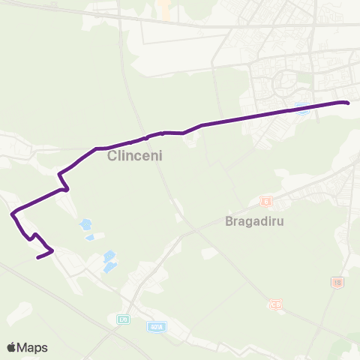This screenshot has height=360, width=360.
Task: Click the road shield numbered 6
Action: click(x=265, y=201)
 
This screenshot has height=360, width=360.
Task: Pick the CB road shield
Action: click(x=277, y=304)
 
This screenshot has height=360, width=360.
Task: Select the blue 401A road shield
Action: click(x=156, y=327)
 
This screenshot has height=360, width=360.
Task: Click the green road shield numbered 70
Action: click(x=123, y=319)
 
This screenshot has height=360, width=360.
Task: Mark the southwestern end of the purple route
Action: click(x=37, y=257)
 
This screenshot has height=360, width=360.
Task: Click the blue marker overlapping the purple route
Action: click(x=302, y=107)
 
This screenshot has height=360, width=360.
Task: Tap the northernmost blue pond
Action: click(x=85, y=223)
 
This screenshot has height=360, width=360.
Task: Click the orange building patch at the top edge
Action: click(x=163, y=9)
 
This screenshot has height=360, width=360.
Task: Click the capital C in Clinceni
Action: click(x=112, y=157)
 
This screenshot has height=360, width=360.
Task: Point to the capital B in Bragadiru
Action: click(x=229, y=222)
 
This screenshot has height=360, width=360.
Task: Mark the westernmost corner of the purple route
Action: click(x=12, y=214)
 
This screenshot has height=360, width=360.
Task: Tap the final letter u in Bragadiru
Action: click(x=286, y=222)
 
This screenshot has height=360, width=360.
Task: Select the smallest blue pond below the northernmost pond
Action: click(x=90, y=238)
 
